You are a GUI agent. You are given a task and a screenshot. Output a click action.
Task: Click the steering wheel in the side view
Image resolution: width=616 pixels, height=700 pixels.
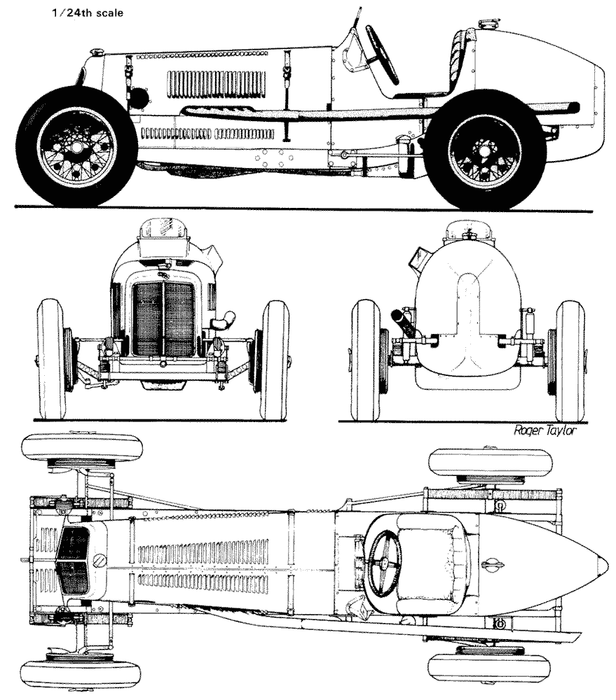click(381, 54)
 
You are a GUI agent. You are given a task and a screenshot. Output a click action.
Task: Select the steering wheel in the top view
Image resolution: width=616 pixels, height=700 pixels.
click(385, 562)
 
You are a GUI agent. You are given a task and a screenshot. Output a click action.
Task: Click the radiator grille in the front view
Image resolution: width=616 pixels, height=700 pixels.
click(164, 318)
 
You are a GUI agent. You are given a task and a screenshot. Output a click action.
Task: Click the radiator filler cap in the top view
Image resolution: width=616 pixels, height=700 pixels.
click(100, 561)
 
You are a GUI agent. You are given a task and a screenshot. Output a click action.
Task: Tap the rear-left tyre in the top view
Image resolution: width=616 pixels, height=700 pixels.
click(477, 461)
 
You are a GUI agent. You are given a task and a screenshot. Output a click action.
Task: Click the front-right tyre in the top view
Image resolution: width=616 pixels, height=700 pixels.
click(81, 673)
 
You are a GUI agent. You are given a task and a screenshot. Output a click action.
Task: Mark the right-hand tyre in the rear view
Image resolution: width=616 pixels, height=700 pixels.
click(570, 360)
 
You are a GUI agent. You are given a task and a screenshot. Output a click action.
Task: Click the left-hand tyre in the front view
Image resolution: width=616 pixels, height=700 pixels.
click(51, 358)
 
